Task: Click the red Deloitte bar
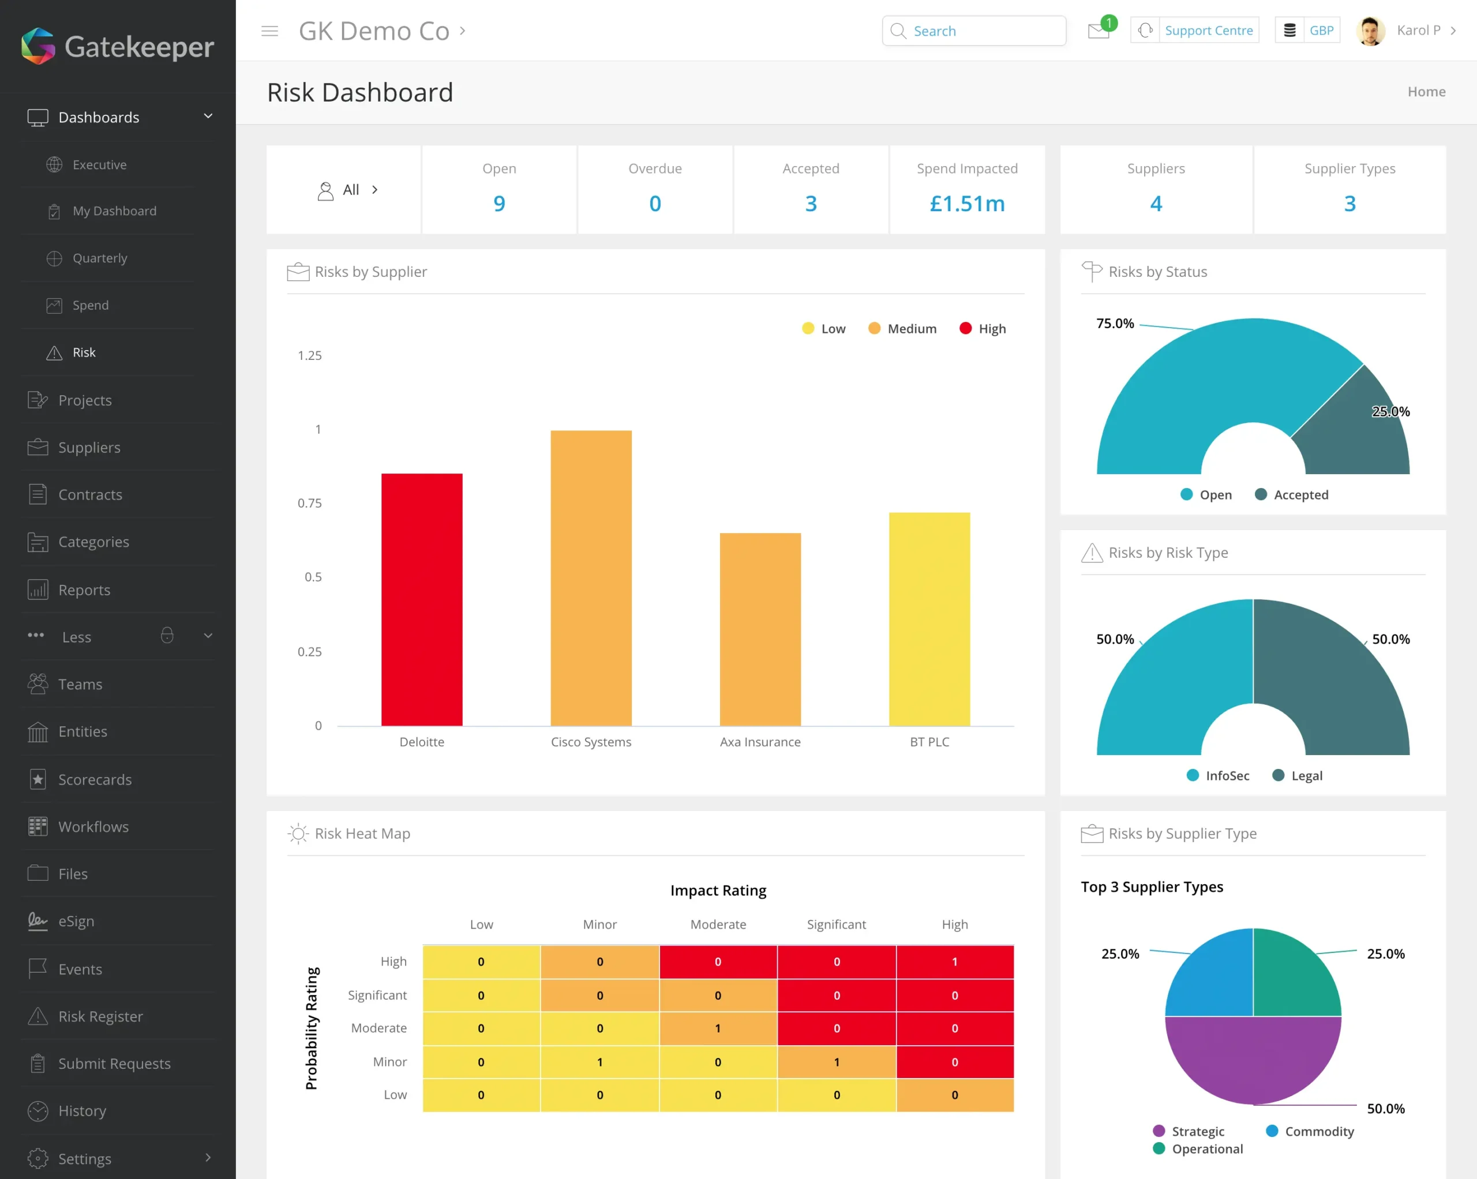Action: [x=421, y=599]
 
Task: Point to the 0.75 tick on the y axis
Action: [x=309, y=503]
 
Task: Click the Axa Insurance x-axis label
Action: [x=760, y=742]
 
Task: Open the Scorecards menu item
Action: [x=95, y=780]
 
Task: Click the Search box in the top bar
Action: [x=974, y=31]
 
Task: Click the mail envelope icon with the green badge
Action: [x=1098, y=31]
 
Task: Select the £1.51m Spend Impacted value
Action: [x=966, y=204]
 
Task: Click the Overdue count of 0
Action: [x=655, y=204]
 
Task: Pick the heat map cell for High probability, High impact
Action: [x=954, y=962]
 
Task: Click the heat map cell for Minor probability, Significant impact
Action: [x=836, y=1062]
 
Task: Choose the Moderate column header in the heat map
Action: [x=717, y=924]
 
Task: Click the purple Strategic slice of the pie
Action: [x=1253, y=1061]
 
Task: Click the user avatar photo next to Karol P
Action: [x=1370, y=31]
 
